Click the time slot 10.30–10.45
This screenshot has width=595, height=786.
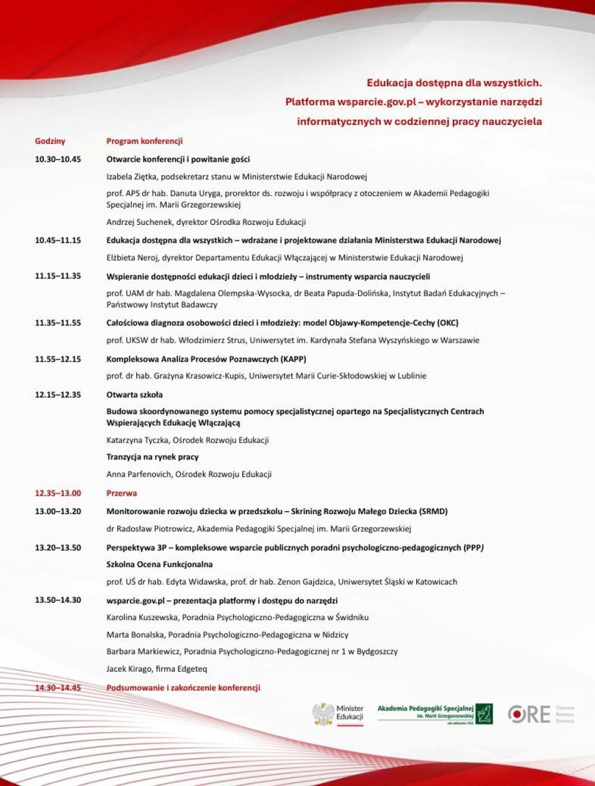[x=58, y=159]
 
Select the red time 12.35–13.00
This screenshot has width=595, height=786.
[x=58, y=493]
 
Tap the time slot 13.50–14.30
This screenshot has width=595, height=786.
[x=58, y=600]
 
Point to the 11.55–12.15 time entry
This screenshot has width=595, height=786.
[x=58, y=359]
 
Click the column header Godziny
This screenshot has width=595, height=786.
[x=50, y=141]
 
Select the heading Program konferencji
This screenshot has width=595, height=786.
[x=144, y=141]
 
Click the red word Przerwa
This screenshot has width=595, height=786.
[x=121, y=493]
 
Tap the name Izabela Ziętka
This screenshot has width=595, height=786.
[x=132, y=177]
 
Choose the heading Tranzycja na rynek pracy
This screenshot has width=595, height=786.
[x=152, y=457]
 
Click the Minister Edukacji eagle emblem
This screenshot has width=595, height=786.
[x=323, y=714]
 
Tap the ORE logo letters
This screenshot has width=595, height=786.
[x=529, y=714]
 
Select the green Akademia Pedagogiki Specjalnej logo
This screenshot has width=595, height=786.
[x=434, y=713]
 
